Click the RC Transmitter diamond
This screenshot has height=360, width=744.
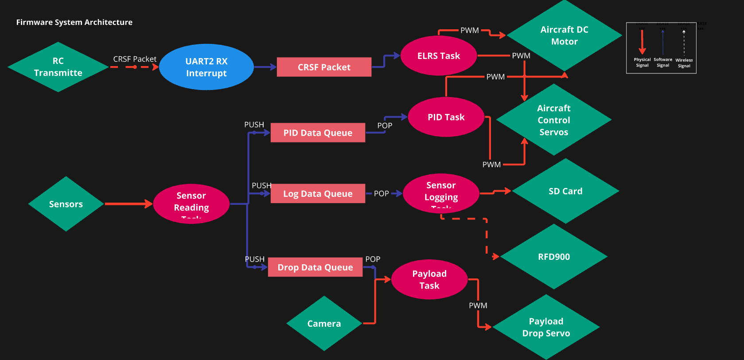tap(58, 67)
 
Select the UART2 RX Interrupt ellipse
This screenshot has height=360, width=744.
tap(206, 67)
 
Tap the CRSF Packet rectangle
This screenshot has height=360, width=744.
tap(324, 67)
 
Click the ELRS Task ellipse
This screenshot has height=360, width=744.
tap(438, 56)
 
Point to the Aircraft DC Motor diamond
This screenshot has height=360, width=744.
tap(564, 35)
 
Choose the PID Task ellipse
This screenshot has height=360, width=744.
tap(446, 117)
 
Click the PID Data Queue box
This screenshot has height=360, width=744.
tap(318, 133)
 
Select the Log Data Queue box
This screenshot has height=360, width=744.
tap(318, 194)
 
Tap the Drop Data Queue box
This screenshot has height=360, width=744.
tap(315, 267)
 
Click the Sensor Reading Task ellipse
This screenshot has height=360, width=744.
tap(191, 203)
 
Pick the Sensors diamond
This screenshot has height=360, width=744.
tap(66, 204)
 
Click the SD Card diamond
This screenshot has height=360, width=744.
tap(565, 191)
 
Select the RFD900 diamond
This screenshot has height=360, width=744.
tap(553, 257)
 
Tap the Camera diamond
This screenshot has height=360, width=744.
tap(324, 324)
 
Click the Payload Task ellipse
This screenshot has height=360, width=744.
tap(429, 279)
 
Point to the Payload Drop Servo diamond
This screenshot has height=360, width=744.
tap(546, 327)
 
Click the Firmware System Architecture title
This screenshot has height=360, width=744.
tap(74, 22)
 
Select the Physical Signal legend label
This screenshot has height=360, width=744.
tap(642, 62)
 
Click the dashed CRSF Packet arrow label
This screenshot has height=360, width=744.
tap(135, 59)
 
